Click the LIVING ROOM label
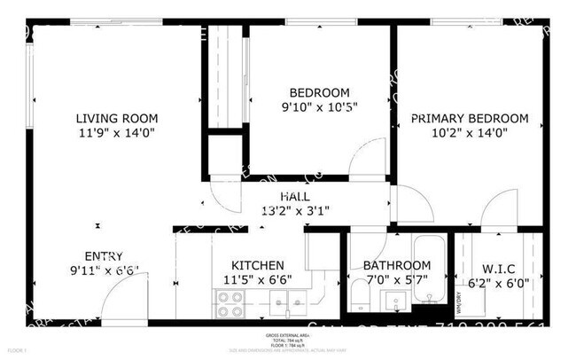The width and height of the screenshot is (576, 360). [116, 119]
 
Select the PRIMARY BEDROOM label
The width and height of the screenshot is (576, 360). [469, 119]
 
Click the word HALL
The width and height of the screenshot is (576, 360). [295, 196]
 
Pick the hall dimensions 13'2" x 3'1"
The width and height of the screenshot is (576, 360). [295, 210]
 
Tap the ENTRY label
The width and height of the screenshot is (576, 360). [104, 256]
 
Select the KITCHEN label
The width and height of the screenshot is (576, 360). [257, 265]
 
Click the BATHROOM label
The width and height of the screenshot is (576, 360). [397, 265]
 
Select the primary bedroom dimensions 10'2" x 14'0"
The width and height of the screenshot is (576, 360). [469, 133]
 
